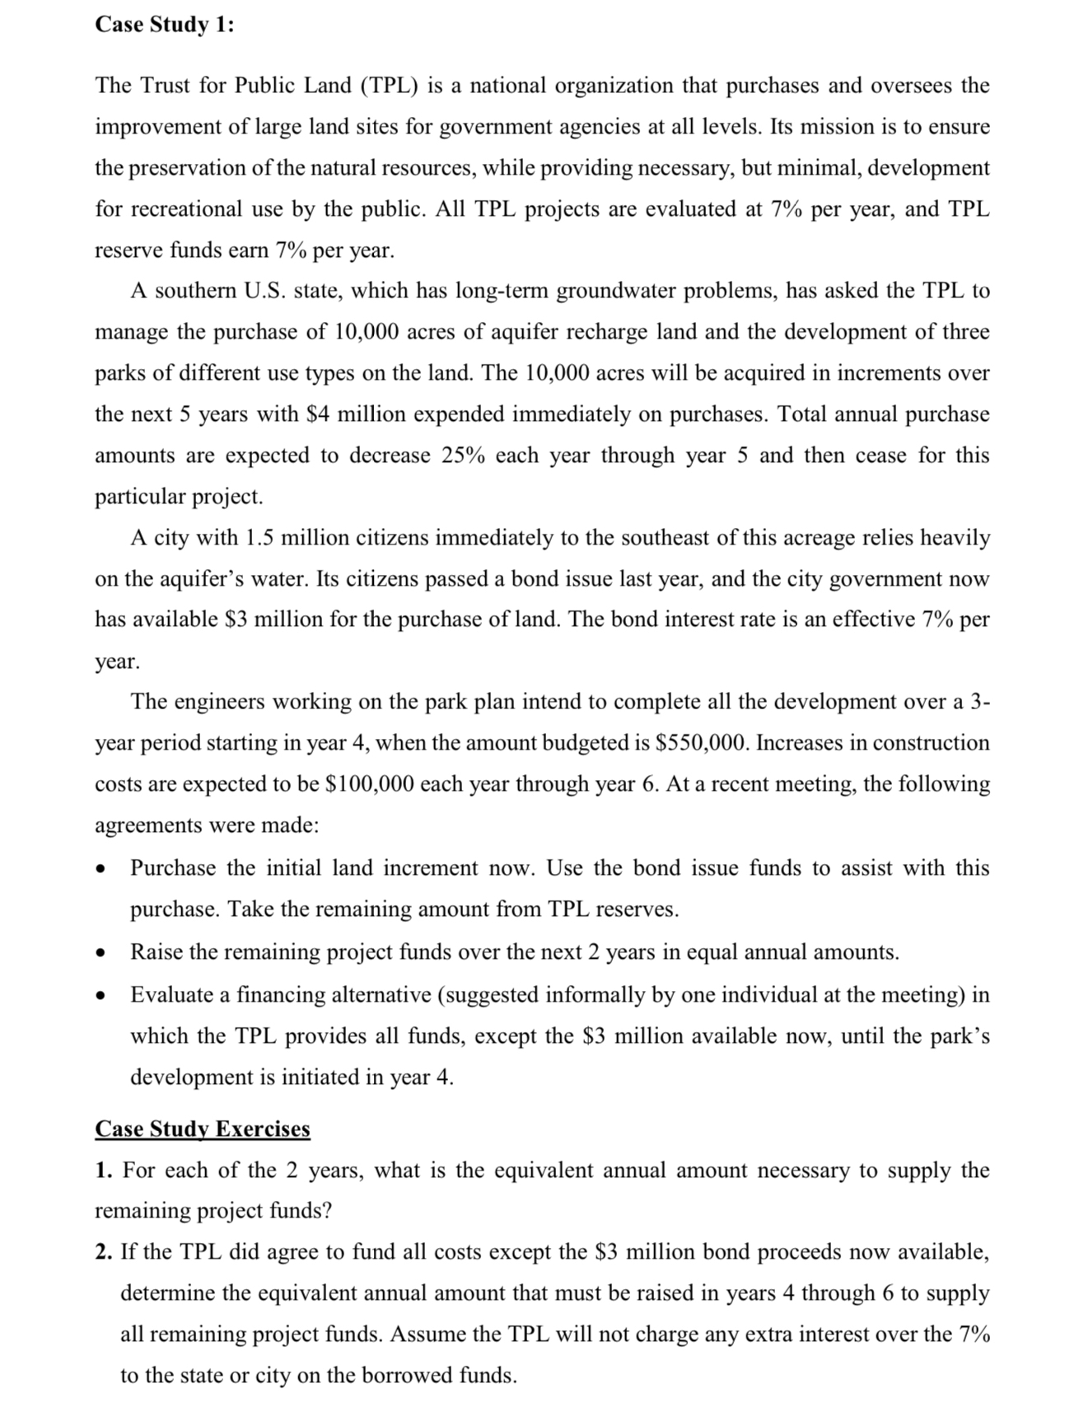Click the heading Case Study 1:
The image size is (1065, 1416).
click(164, 25)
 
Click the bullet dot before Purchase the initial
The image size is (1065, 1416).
click(100, 869)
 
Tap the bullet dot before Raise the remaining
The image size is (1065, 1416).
click(100, 953)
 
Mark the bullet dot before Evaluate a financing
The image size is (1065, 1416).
click(100, 996)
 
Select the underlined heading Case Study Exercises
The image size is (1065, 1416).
click(203, 1129)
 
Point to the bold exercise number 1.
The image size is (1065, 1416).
click(102, 1171)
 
